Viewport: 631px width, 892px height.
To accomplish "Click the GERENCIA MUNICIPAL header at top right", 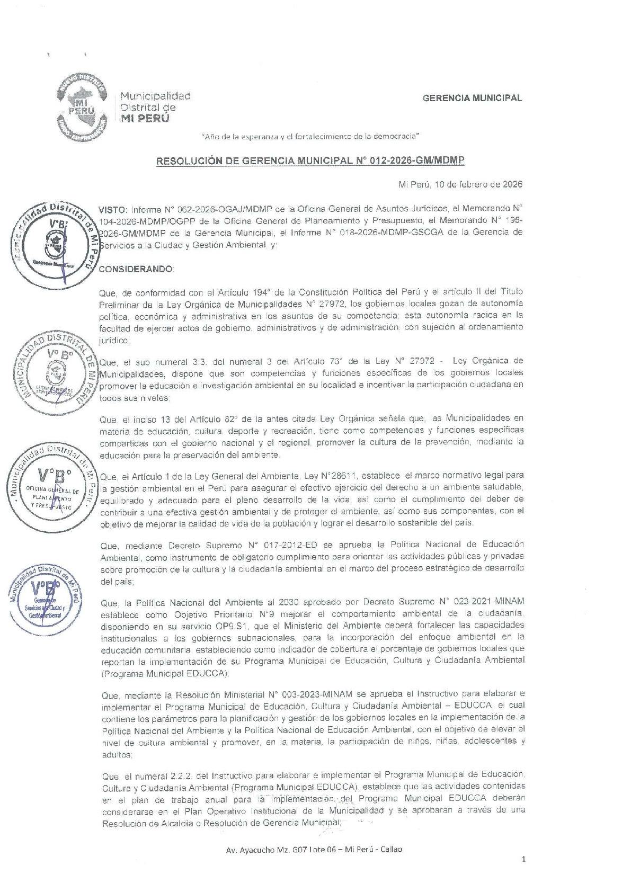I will (472, 98).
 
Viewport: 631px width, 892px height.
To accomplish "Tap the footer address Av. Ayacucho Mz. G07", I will (314, 849).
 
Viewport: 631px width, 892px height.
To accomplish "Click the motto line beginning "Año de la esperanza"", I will (311, 137).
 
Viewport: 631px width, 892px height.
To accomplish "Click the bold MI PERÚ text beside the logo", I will (145, 119).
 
